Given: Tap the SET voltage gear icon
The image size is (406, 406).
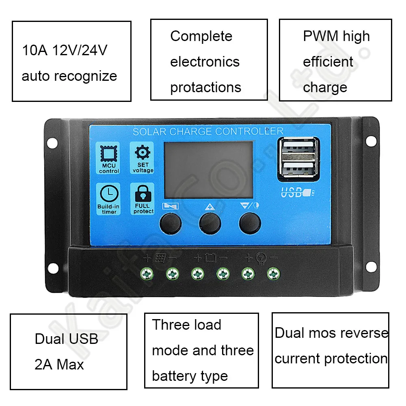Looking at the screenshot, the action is click(x=142, y=153).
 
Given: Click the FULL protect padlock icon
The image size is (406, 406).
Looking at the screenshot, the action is click(x=142, y=194).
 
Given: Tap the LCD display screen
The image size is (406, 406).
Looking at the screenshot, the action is click(x=208, y=168).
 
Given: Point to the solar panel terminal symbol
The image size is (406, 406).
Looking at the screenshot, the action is click(x=160, y=258).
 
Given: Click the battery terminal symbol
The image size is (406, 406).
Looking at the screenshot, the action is click(x=210, y=258).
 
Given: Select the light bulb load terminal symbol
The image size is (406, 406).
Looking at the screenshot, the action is click(x=261, y=258).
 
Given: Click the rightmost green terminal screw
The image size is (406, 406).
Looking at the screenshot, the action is click(x=273, y=274).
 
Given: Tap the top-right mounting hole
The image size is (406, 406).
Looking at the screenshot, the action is click(x=370, y=141).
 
